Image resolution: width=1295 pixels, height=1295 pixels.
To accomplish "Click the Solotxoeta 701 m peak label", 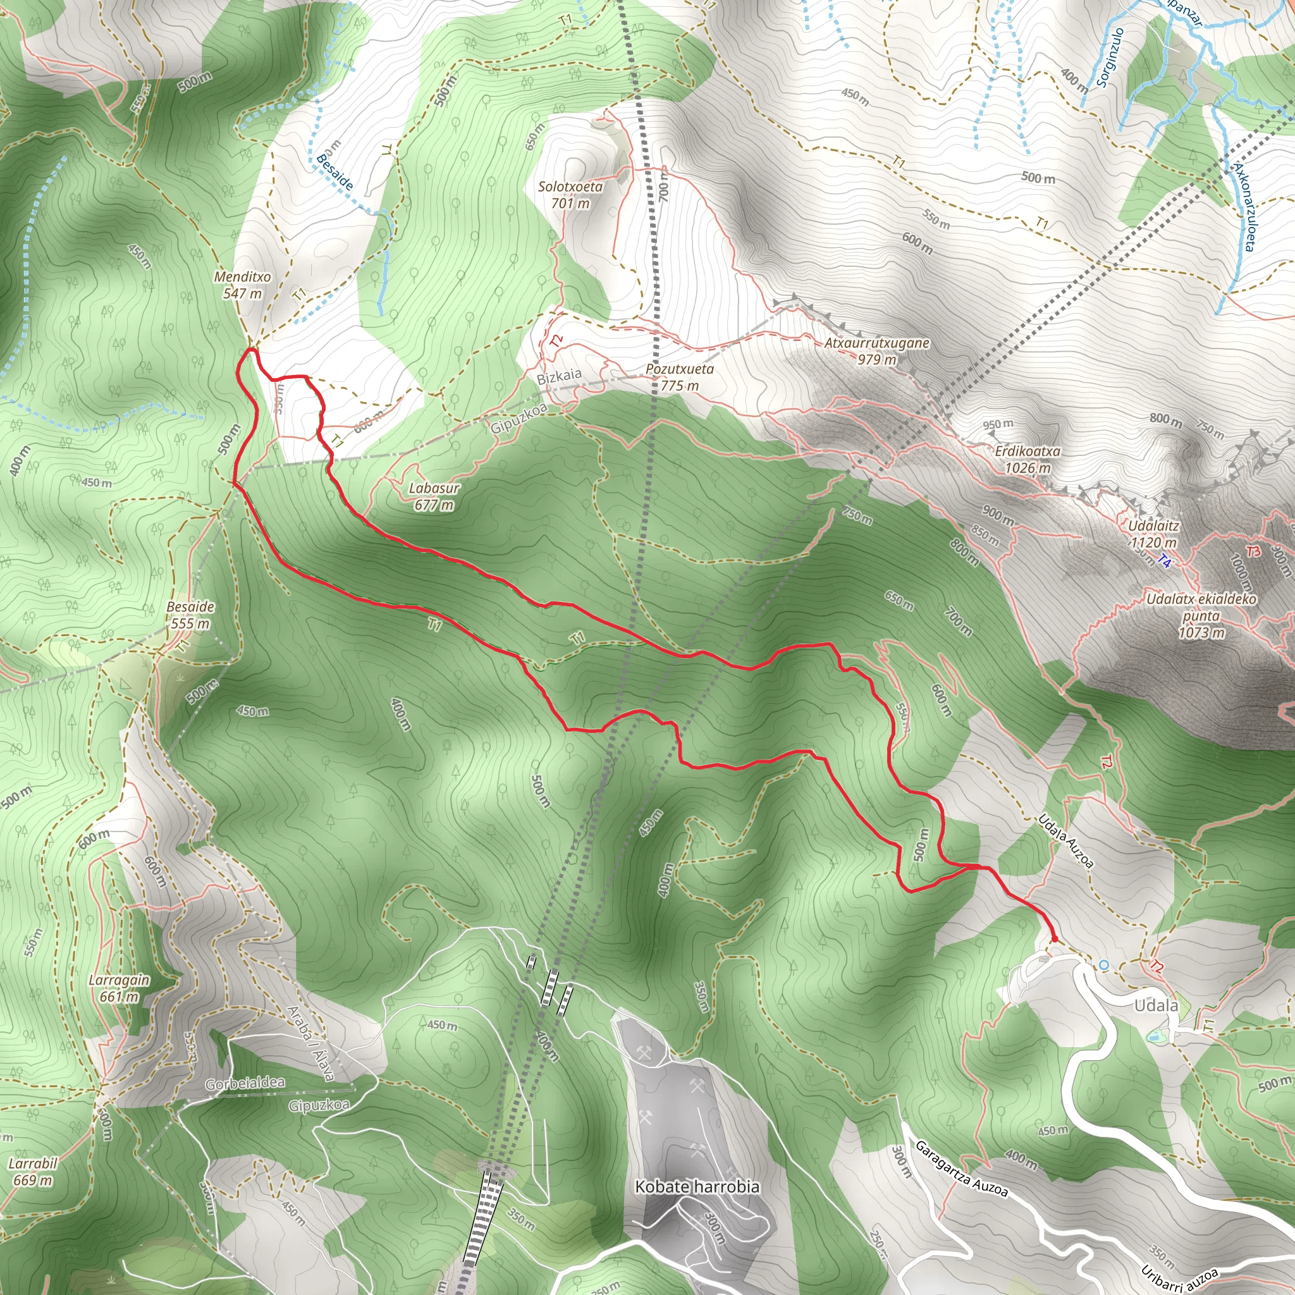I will coord(570,194).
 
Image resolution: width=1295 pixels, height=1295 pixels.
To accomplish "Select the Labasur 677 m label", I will coord(434,496).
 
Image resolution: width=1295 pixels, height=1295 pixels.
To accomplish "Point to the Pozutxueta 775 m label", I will coord(680,377).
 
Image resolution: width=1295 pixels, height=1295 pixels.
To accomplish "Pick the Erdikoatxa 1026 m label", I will coord(1028,459).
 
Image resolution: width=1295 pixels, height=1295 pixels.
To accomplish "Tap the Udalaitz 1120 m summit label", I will coord(1153,534).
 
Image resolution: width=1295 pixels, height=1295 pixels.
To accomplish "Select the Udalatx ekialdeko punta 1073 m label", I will coord(1201,615).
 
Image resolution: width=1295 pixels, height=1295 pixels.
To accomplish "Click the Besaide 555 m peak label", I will coord(190,615).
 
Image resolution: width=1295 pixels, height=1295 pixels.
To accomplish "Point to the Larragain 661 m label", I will coord(120,988).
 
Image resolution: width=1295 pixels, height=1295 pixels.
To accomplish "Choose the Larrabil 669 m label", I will coord(33,1171).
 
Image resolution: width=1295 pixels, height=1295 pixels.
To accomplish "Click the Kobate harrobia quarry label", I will coord(697,1186).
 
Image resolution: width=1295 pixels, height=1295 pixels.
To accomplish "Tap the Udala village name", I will coord(1156,1005).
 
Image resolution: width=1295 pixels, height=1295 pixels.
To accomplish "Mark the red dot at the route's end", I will coord(1054,939).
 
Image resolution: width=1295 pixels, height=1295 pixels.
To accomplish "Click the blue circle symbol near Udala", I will coord(1104,964).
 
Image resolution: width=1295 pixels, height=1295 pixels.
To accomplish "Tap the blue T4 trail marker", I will coord(1164,562).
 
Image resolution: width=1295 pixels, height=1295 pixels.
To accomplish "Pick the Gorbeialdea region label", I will coord(245,1083).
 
